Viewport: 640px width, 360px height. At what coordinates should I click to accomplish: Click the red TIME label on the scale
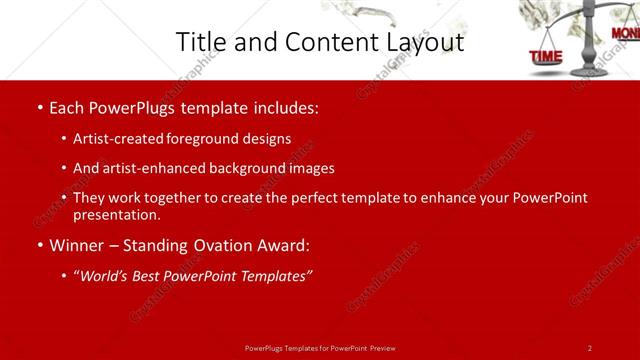[x=546, y=57]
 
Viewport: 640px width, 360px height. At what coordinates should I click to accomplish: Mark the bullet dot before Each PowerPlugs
[x=38, y=106]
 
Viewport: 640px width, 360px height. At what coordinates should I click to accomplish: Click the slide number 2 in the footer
[x=590, y=348]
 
